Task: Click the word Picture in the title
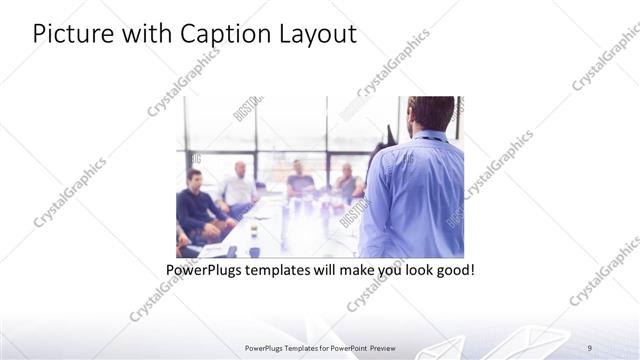[71, 34]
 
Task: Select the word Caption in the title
[219, 34]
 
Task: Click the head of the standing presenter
[431, 112]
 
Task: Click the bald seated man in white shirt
[239, 186]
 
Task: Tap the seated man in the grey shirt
[347, 181]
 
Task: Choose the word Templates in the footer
[293, 347]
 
